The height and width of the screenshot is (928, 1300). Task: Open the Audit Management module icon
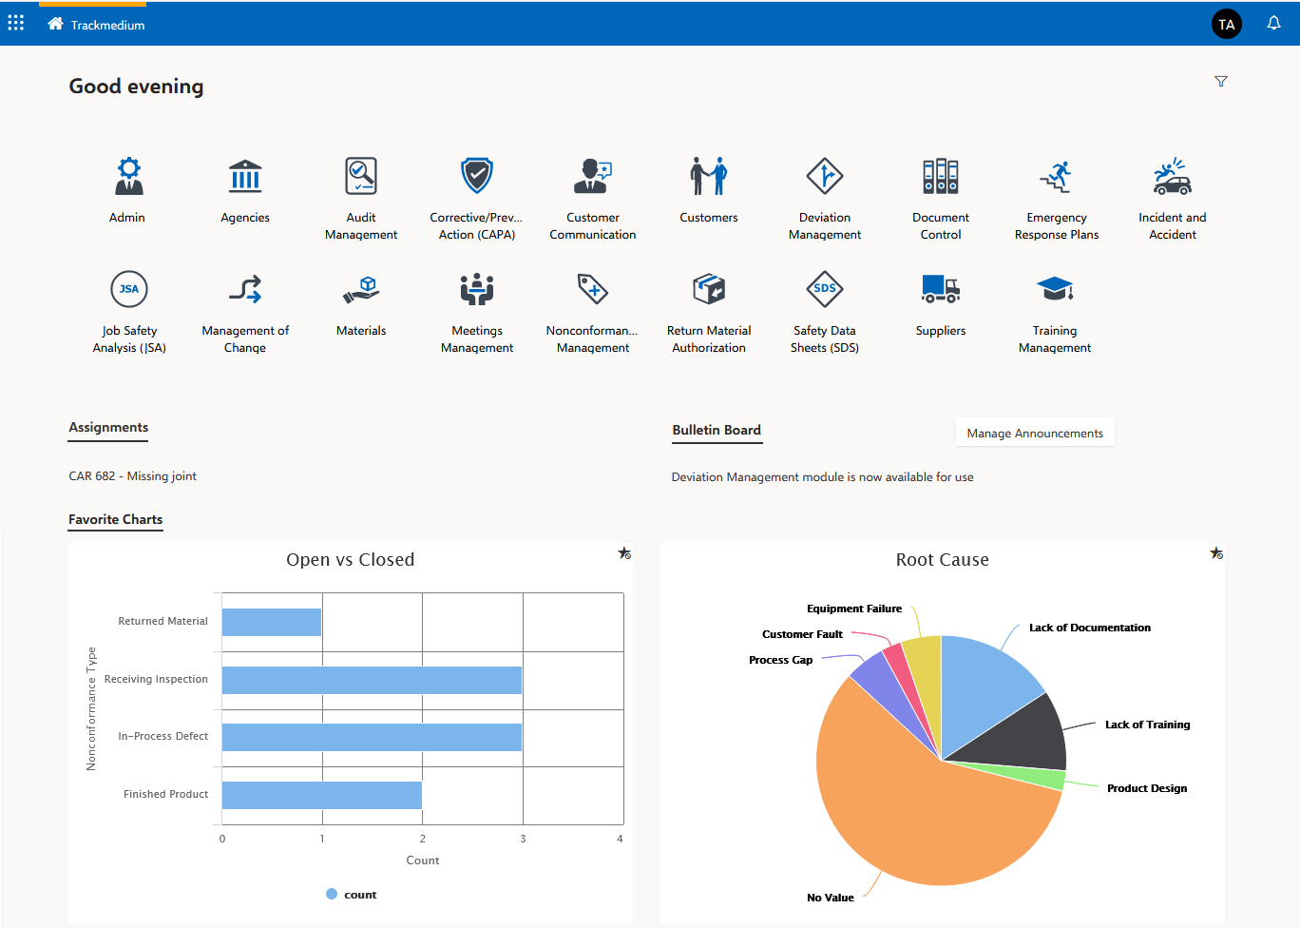coord(361,177)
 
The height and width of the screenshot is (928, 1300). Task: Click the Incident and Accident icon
coord(1172,177)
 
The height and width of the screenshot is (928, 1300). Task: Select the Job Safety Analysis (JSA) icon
coord(129,289)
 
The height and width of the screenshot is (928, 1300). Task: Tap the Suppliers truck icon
coord(940,289)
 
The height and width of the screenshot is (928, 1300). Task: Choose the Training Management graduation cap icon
coord(1055,289)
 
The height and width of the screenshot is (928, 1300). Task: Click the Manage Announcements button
coord(1035,433)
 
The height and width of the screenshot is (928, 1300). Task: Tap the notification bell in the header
coord(1273,24)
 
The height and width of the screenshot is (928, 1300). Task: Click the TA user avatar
coord(1226,25)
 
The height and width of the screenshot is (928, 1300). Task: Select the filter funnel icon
coord(1221,82)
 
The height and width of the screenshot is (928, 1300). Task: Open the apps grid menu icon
coord(16,23)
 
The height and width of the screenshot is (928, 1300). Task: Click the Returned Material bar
coord(272,622)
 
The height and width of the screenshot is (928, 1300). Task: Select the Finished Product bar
coord(322,795)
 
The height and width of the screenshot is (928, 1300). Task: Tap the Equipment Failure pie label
coord(854,609)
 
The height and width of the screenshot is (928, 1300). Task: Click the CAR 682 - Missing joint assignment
coord(133,476)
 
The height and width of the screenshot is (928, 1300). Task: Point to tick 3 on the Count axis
coord(523,839)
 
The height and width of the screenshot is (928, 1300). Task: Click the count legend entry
coord(352,895)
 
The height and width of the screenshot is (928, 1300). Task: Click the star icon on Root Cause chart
coord(1216,553)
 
